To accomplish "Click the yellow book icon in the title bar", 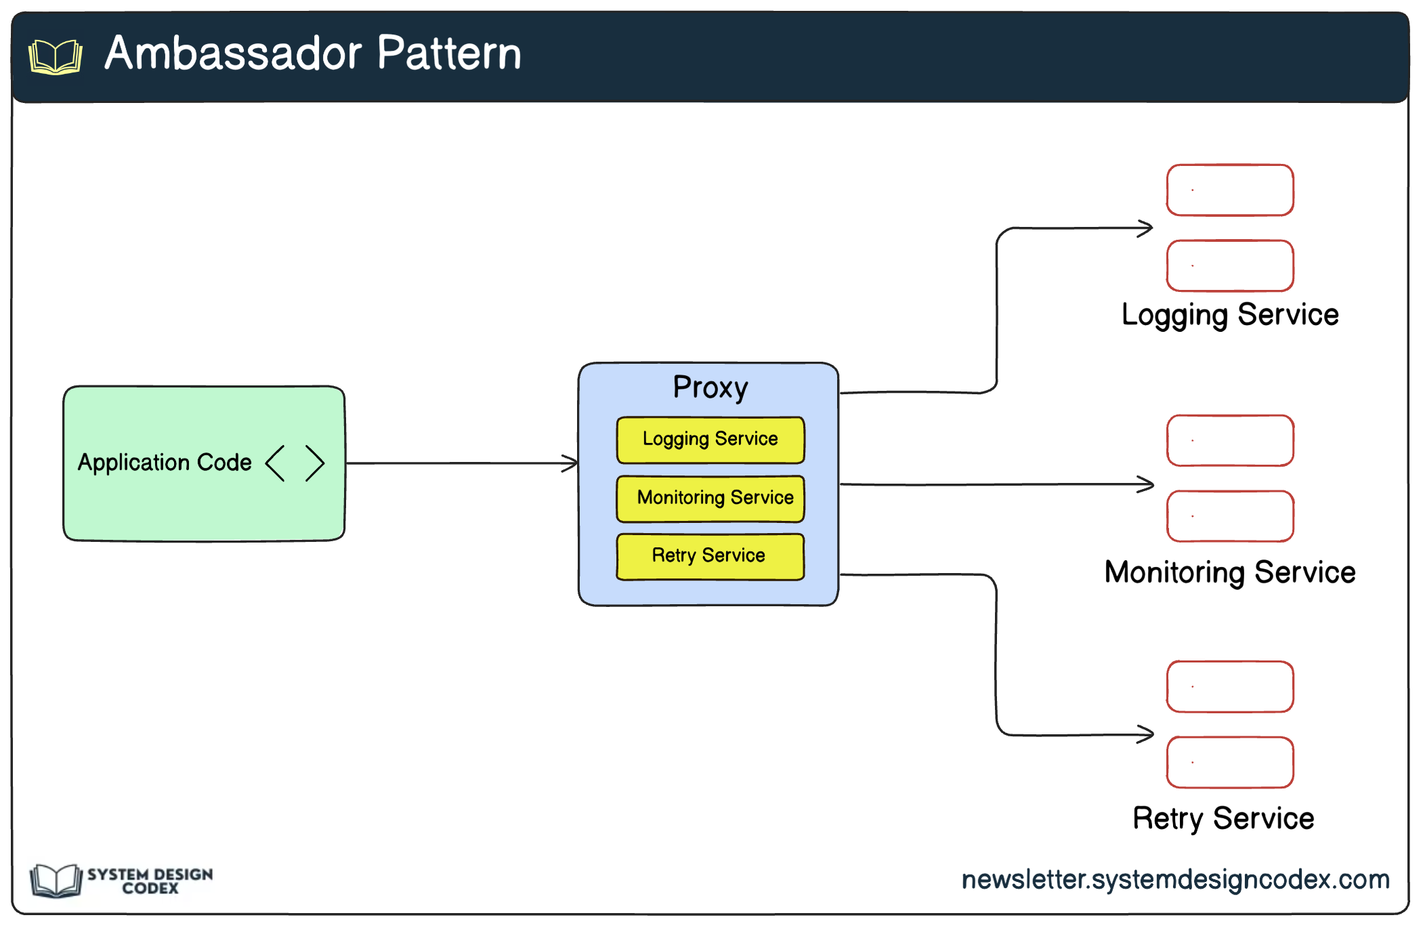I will (x=56, y=57).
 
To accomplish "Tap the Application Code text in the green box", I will (x=165, y=463).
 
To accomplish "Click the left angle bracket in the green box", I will (x=275, y=463).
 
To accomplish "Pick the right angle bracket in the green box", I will (x=315, y=463).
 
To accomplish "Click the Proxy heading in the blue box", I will (x=710, y=387).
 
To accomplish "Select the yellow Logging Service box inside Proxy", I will (x=710, y=440).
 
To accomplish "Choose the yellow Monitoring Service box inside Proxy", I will (x=710, y=499).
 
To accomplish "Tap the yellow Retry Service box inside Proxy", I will (x=710, y=556).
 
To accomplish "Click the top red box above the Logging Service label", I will (x=1230, y=190).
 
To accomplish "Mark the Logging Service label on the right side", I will (x=1230, y=315).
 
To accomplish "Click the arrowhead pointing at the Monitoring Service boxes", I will (x=1147, y=484).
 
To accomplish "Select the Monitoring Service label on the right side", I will (x=1230, y=572).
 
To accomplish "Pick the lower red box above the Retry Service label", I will (x=1230, y=762).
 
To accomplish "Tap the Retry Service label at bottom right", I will (x=1223, y=818).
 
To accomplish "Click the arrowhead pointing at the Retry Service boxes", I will (x=1147, y=734).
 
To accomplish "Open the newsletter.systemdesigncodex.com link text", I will (x=1175, y=879).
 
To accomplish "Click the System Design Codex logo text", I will (x=150, y=881).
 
